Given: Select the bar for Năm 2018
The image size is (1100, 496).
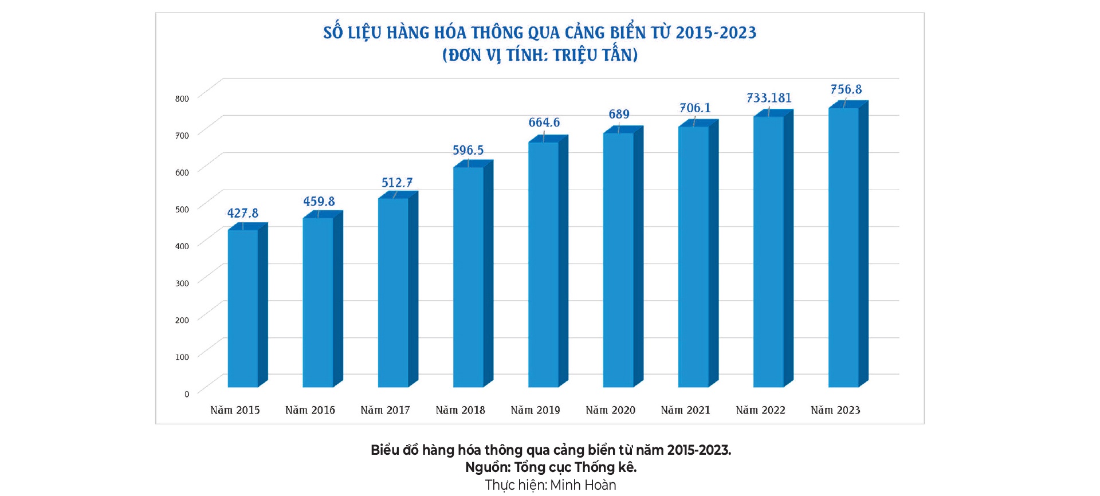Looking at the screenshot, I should coord(468,277).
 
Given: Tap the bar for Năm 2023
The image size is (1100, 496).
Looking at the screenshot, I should coord(843,247).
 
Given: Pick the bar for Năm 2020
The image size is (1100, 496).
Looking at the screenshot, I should coord(618,260).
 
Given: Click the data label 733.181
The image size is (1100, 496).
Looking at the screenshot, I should coord(769,98).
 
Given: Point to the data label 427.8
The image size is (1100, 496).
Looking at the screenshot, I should coord(243,213).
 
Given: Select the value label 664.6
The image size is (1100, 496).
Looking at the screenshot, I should coord(544,123).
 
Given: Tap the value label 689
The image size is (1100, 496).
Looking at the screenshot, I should coord(619,114).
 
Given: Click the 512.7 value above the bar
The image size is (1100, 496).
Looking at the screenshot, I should coord(397,183).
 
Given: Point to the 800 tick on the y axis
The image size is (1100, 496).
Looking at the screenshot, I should coord(182,99).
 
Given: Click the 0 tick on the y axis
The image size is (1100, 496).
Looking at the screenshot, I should coord(186,394).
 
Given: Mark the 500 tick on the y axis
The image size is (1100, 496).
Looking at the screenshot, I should coord(182,209).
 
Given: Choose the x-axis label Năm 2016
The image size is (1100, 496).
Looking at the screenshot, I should coord(310,410).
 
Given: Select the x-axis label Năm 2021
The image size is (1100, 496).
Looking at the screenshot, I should coord(685,410).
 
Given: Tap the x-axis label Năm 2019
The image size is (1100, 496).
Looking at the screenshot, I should coord(535,410).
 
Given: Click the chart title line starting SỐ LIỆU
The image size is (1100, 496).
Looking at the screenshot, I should coord(540,33).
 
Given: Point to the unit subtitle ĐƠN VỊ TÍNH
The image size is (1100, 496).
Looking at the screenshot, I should coord(540,55).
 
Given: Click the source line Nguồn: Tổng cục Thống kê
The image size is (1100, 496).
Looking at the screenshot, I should coord(551,467).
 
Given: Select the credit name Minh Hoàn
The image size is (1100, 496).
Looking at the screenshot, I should coord(583,485).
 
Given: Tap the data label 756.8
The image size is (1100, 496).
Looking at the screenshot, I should coord(846,89).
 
